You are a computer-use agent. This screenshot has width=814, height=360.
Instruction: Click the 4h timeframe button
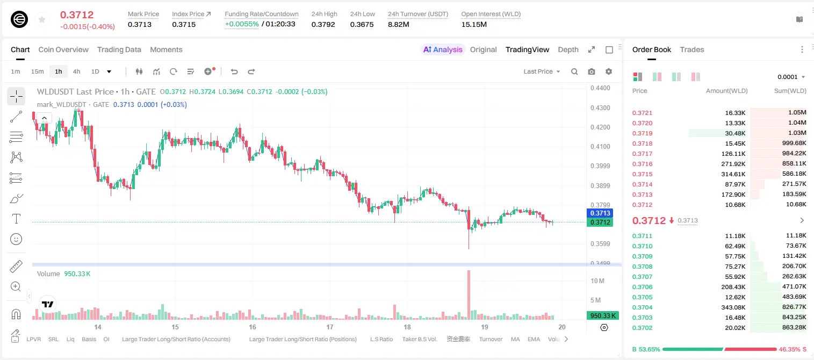(76, 71)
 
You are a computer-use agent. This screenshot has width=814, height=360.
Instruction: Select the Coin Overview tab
(63, 49)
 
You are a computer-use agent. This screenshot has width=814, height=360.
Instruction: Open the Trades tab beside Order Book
(692, 49)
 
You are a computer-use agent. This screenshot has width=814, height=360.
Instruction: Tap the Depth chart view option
(568, 49)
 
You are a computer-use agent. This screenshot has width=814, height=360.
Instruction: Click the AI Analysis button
(443, 49)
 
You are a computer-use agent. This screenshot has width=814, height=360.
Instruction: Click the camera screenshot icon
(592, 71)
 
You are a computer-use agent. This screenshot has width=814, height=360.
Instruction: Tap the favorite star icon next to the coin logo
(42, 20)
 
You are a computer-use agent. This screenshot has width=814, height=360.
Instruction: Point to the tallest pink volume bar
(469, 295)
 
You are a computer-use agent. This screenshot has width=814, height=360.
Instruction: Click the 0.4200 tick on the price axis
(600, 127)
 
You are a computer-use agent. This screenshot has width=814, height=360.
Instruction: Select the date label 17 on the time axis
(329, 327)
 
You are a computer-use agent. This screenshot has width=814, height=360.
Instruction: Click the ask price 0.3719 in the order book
(642, 133)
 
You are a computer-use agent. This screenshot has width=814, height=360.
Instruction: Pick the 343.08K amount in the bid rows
(733, 307)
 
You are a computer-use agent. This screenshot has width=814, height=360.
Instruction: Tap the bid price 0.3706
(642, 287)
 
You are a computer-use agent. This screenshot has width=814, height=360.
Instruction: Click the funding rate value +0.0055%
(242, 24)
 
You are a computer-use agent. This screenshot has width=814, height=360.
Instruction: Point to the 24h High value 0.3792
(323, 24)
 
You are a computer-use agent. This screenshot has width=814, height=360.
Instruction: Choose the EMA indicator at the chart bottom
(534, 339)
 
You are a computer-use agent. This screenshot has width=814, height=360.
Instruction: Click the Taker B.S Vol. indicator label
(419, 339)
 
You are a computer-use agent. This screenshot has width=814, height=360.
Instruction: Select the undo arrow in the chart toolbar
(234, 71)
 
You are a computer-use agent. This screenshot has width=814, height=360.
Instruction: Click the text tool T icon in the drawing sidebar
(16, 219)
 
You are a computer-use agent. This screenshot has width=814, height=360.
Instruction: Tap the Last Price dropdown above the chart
(542, 71)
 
